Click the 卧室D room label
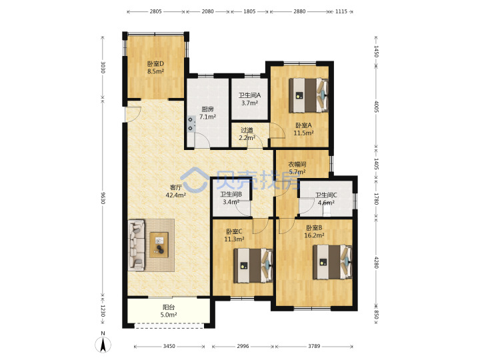pyautogui.click(x=155, y=64)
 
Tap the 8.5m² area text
pyautogui.click(x=155, y=71)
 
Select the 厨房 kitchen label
pyautogui.click(x=207, y=109)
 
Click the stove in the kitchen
pyautogui.click(x=191, y=124)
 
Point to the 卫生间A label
pyautogui.click(x=249, y=95)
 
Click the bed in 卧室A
pyautogui.click(x=309, y=95)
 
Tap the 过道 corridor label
pyautogui.click(x=247, y=130)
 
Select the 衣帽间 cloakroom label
pyautogui.click(x=297, y=165)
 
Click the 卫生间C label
pyautogui.click(x=326, y=195)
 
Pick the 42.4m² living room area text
pyautogui.click(x=176, y=195)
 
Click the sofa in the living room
pyautogui.click(x=137, y=245)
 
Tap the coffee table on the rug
pyautogui.click(x=159, y=245)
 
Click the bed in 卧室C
pyautogui.click(x=253, y=265)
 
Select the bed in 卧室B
pyautogui.click(x=333, y=262)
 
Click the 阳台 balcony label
pyautogui.click(x=169, y=307)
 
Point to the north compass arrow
pyautogui.click(x=103, y=345)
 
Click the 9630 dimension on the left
pyautogui.click(x=103, y=198)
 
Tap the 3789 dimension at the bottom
pyautogui.click(x=314, y=346)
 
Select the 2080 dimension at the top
pyautogui.click(x=207, y=11)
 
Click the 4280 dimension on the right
pyautogui.click(x=376, y=262)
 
